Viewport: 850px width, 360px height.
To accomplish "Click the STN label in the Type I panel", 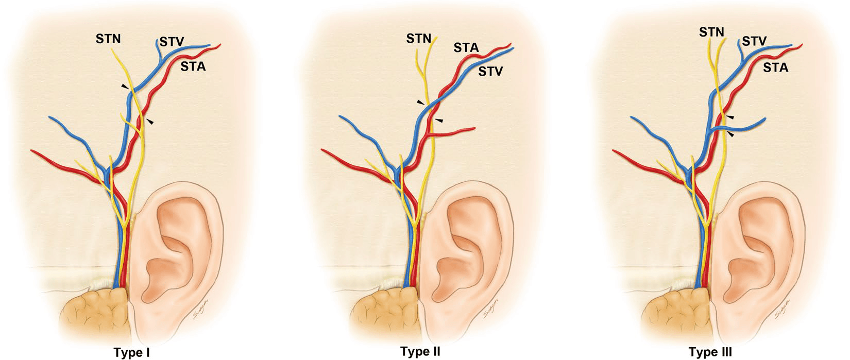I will click(108, 38).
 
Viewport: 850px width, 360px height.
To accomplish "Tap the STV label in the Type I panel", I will click(172, 42).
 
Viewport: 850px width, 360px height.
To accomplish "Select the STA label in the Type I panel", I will click(193, 66).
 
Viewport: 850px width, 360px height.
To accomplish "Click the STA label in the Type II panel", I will click(466, 48).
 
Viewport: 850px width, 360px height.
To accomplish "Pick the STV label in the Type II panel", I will click(490, 71).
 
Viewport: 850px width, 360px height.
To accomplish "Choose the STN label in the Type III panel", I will click(711, 32).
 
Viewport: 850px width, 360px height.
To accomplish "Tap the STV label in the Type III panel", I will click(755, 41).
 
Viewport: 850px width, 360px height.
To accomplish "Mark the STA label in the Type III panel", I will click(776, 67).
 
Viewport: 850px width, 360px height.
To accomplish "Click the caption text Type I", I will click(131, 352).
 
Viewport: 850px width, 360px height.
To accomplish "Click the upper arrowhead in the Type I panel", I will click(125, 88).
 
